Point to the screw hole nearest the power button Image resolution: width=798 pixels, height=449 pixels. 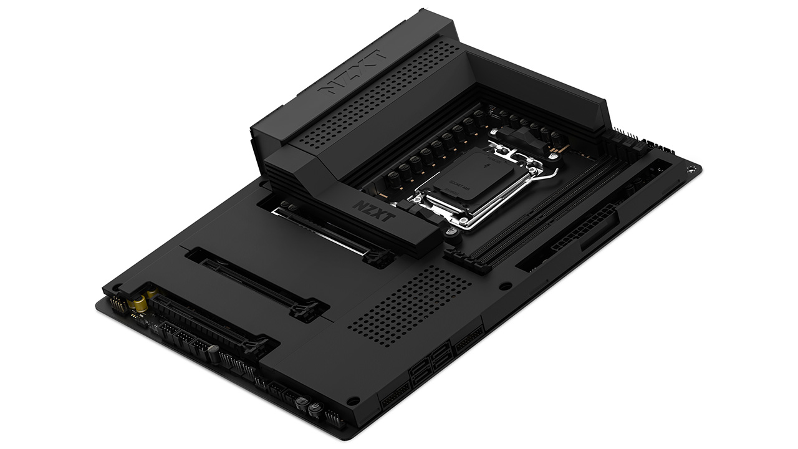[353, 400]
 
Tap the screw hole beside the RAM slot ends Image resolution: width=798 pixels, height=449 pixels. [506, 286]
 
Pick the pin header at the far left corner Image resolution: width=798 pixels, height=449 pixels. [116, 302]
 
